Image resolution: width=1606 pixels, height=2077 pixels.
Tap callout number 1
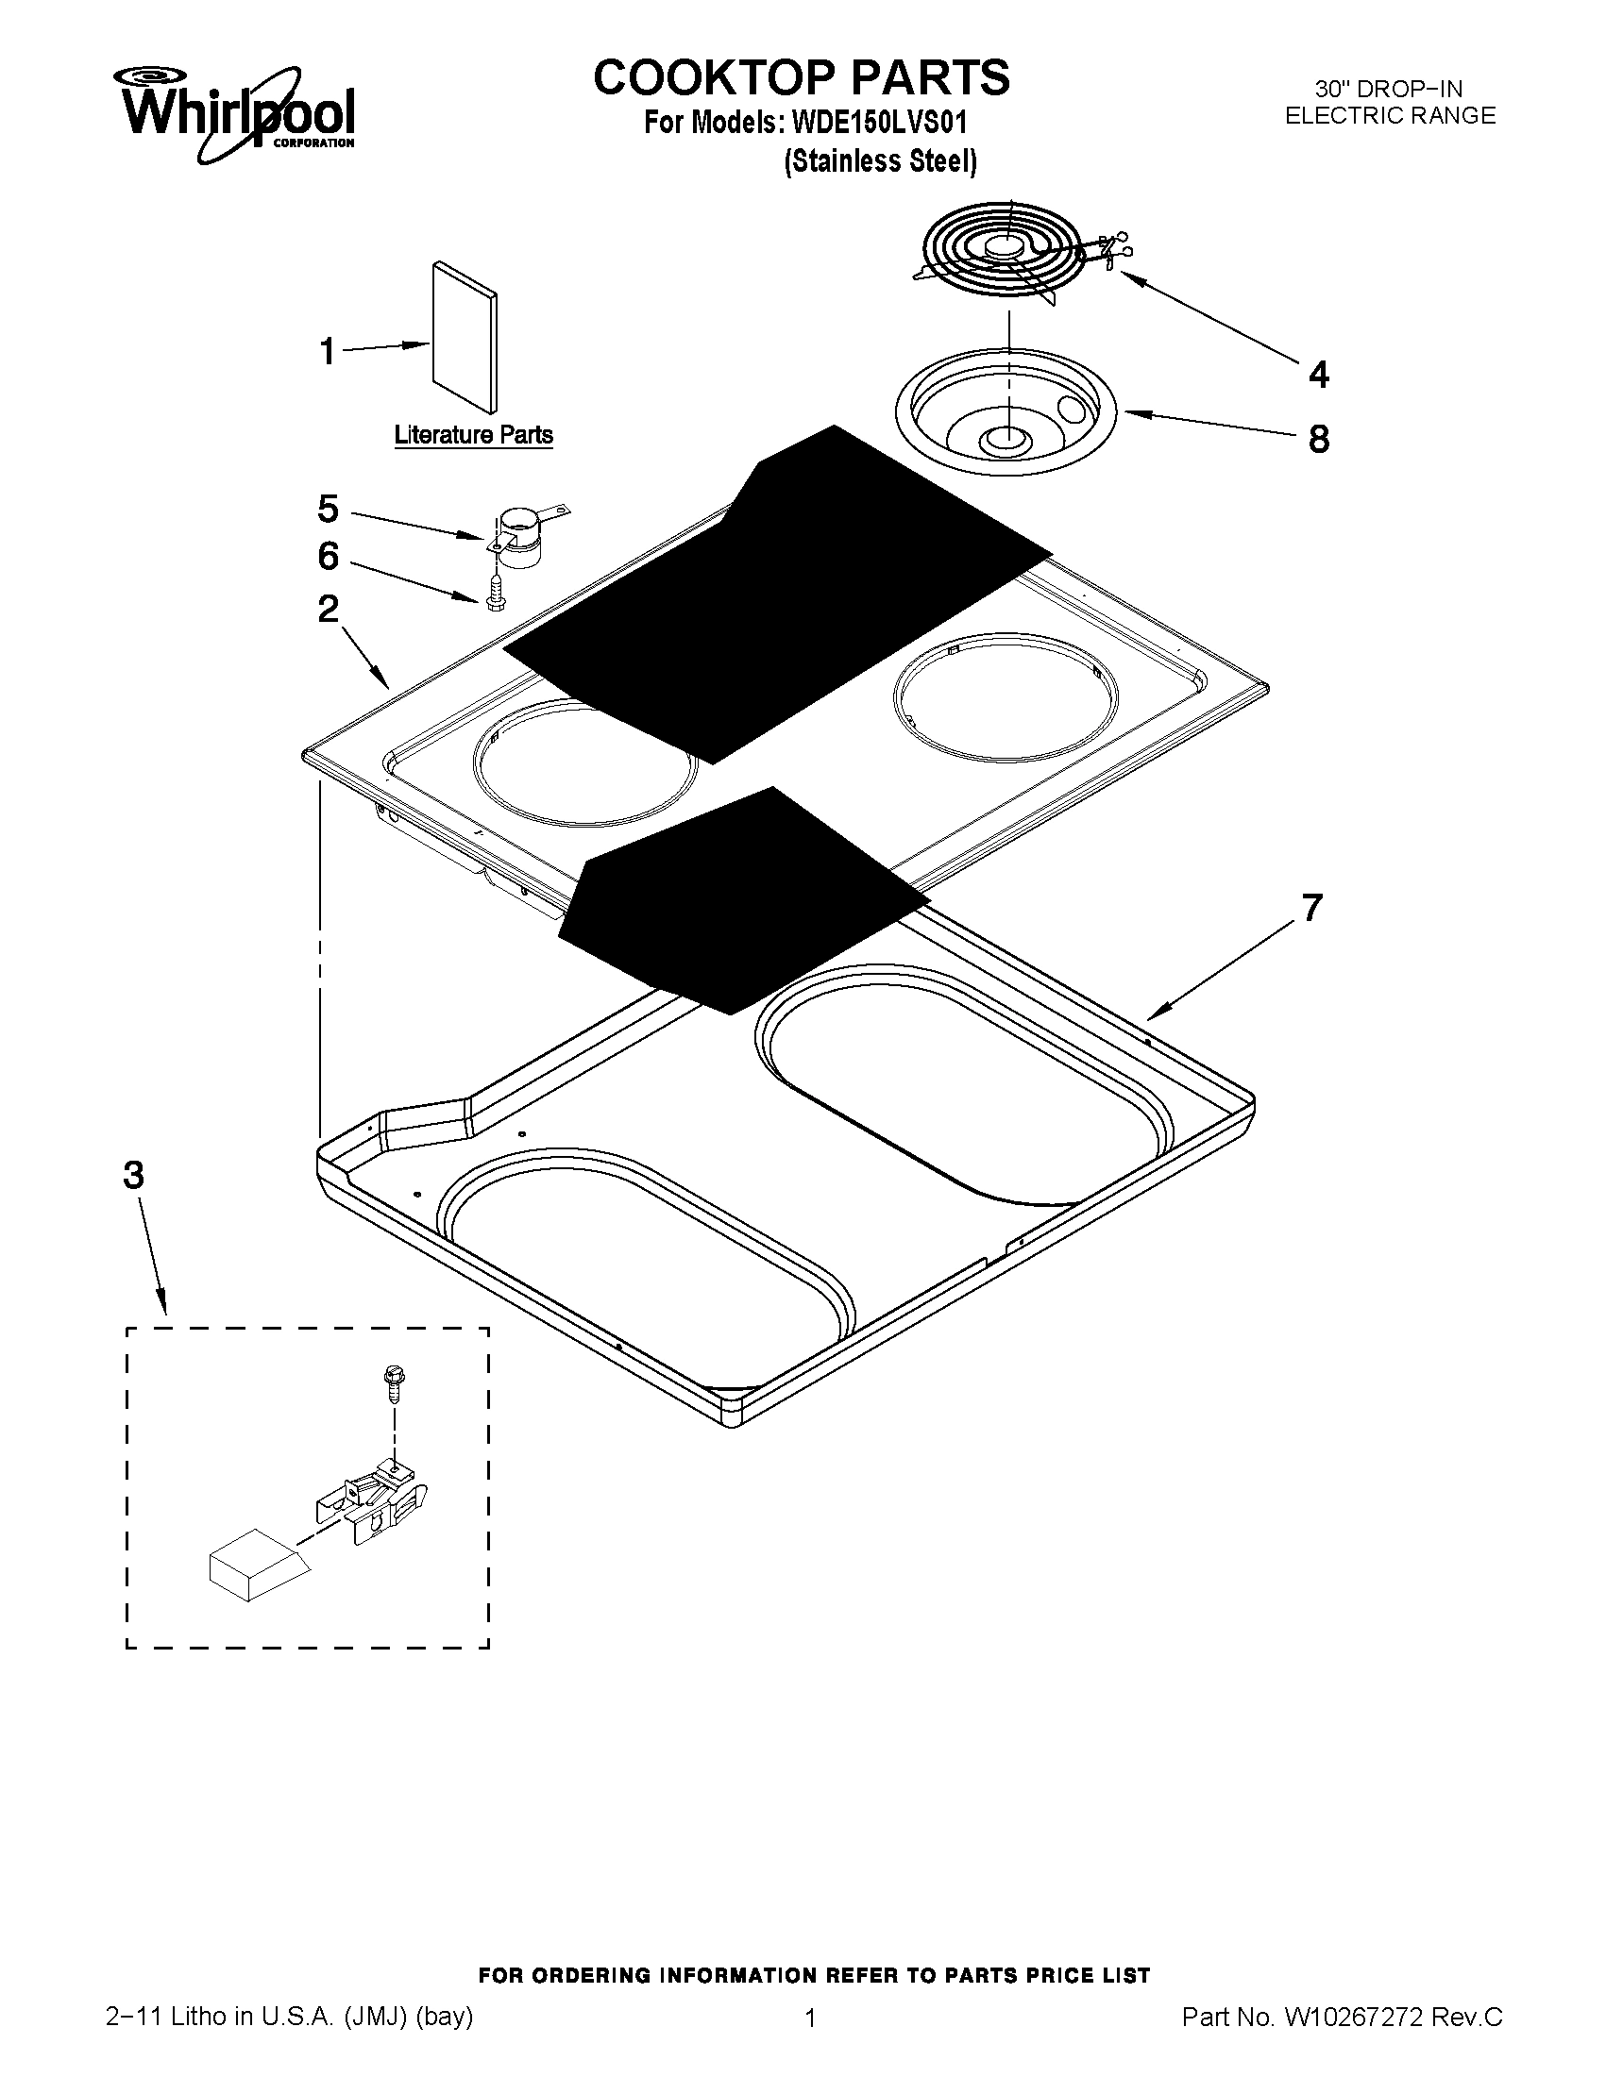click(x=327, y=352)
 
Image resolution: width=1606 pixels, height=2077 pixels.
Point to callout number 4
click(x=1318, y=375)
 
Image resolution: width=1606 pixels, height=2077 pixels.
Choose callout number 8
click(x=1318, y=440)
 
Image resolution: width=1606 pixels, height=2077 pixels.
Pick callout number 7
click(x=1312, y=908)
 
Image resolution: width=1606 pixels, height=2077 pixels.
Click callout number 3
click(x=133, y=1177)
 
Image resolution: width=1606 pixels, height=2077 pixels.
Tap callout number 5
click(x=328, y=510)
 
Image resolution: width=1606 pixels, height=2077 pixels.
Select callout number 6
click(x=328, y=557)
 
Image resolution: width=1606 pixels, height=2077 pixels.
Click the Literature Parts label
click(x=473, y=436)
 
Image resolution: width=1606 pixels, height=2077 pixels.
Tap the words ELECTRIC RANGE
click(x=1390, y=116)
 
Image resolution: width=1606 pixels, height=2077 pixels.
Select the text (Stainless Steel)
click(x=880, y=161)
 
